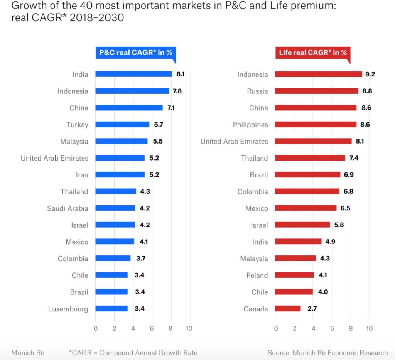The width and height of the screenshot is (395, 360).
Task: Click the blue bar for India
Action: tap(133, 74)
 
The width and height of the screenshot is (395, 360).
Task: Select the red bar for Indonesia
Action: tap(318, 74)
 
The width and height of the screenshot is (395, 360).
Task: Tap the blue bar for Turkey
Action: tap(122, 124)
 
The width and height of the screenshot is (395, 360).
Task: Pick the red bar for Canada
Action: tap(288, 308)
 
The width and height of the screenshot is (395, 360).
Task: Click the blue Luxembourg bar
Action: tap(111, 308)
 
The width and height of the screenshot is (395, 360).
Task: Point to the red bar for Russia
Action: tap(316, 91)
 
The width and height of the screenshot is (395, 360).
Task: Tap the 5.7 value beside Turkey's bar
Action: tap(158, 124)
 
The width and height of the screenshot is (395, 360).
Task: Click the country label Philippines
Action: tap(250, 125)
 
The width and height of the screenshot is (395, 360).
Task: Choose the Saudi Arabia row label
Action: tap(68, 208)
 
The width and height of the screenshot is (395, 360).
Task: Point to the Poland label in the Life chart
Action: tap(257, 275)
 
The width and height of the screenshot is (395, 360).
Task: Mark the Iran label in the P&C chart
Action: tap(82, 175)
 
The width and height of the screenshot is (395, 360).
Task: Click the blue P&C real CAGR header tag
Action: tap(136, 53)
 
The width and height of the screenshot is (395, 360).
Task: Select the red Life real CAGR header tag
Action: tap(312, 53)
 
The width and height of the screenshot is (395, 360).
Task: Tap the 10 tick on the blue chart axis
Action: tap(189, 328)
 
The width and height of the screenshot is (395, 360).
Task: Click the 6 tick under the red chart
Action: tap(332, 328)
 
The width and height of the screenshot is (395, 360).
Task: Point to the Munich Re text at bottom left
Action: tap(28, 353)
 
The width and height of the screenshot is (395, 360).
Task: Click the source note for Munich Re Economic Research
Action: tap(327, 353)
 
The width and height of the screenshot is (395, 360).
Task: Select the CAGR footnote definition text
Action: tap(133, 353)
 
